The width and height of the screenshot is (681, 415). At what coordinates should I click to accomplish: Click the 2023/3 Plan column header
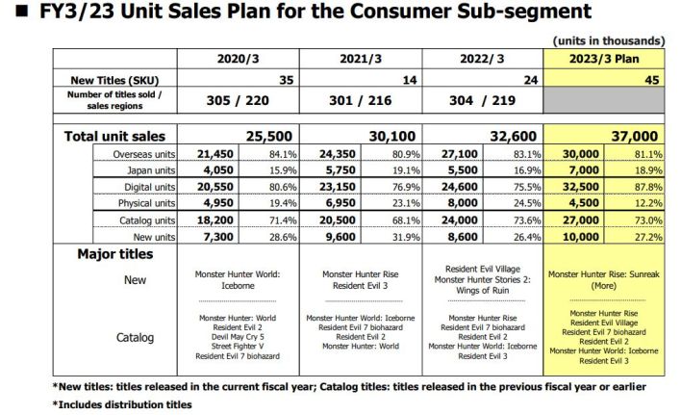604,58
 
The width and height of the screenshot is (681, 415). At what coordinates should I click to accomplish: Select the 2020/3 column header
239,58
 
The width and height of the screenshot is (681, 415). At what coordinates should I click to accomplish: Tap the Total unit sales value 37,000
631,136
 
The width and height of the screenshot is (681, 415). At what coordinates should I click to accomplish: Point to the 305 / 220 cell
240,100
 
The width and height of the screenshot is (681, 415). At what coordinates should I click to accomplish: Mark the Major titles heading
113,254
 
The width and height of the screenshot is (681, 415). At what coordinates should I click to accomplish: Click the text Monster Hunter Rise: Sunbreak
604,273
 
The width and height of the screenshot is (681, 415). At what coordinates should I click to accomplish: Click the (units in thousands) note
609,40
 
